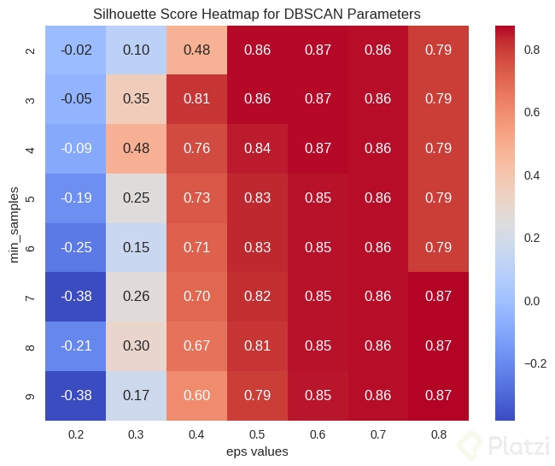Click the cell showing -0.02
point(76,50)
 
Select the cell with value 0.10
point(136,50)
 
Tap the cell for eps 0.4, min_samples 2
point(196,50)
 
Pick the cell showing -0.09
point(76,149)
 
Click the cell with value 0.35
point(136,99)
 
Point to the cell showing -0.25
point(76,248)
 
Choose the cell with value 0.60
point(196,396)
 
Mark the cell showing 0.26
point(136,297)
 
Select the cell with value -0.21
point(76,346)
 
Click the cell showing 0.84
point(257,149)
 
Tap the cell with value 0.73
point(196,198)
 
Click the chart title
point(257,15)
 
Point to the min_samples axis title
point(15,222)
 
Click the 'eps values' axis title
point(257,451)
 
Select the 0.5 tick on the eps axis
point(257,434)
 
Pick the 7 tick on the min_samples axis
point(30,297)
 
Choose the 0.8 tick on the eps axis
point(438,434)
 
